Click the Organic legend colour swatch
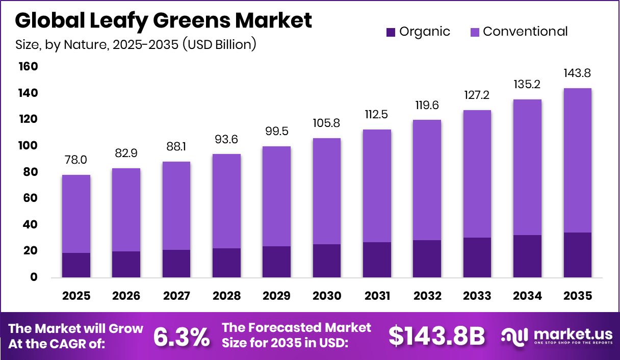pyautogui.click(x=391, y=32)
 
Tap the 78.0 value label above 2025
pyautogui.click(x=76, y=160)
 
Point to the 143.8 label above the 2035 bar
pyautogui.click(x=577, y=73)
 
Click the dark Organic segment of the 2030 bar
pyautogui.click(x=327, y=261)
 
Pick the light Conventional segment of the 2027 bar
pyautogui.click(x=176, y=205)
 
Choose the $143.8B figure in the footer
pyautogui.click(x=436, y=336)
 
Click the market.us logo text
pyautogui.click(x=573, y=334)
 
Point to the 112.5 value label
pyautogui.click(x=377, y=114)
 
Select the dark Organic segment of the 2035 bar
pyautogui.click(x=577, y=254)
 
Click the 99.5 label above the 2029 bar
pyautogui.click(x=277, y=132)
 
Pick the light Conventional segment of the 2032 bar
pyautogui.click(x=427, y=180)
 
